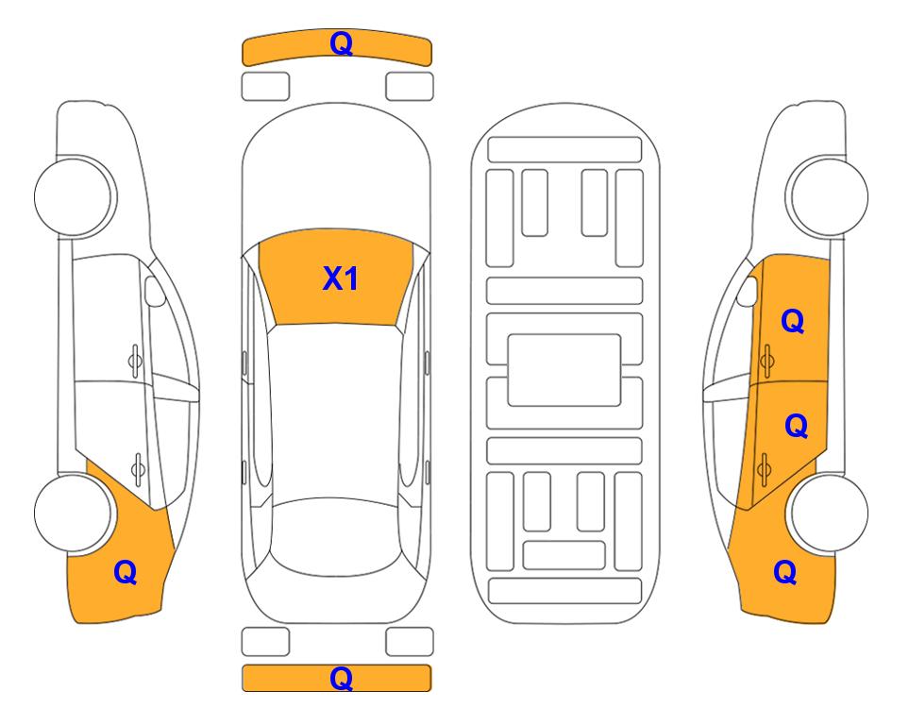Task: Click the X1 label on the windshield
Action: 341,278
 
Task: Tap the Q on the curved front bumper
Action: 341,43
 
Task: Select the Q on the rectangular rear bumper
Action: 341,678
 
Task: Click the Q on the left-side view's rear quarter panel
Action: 126,572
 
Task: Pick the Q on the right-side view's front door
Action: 793,321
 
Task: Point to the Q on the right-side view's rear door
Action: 796,426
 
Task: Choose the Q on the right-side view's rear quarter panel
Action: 785,572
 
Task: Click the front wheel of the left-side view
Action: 74,196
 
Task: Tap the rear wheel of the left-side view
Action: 74,513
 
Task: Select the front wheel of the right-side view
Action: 829,196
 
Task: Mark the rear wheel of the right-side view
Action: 829,513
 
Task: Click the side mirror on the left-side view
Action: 154,291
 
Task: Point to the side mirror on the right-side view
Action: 748,291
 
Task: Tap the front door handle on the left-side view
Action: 135,361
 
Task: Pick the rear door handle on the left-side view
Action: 138,468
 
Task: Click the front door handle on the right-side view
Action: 766,361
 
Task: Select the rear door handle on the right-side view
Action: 764,468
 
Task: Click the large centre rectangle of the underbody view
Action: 564,370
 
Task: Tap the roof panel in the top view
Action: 336,412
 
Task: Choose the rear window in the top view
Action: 336,536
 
